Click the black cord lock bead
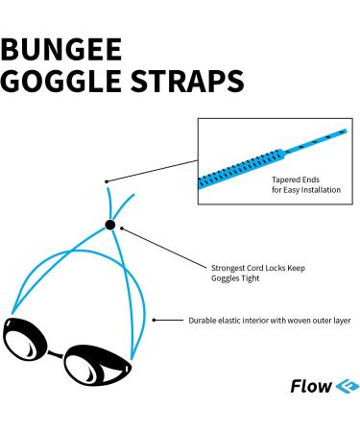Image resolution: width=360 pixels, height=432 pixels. (110, 225)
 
